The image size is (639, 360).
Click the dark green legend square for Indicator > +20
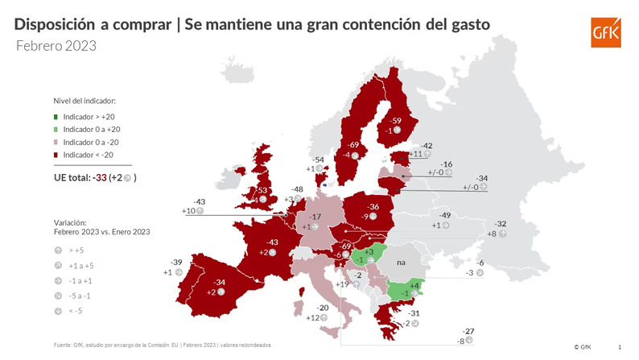[56, 117]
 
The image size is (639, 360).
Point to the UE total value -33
[99, 177]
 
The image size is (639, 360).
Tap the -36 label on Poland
[373, 207]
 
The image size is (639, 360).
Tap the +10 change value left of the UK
[188, 211]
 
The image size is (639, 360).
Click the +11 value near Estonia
[416, 154]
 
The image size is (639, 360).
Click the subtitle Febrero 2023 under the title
[56, 46]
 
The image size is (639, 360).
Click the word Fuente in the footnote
[64, 345]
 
